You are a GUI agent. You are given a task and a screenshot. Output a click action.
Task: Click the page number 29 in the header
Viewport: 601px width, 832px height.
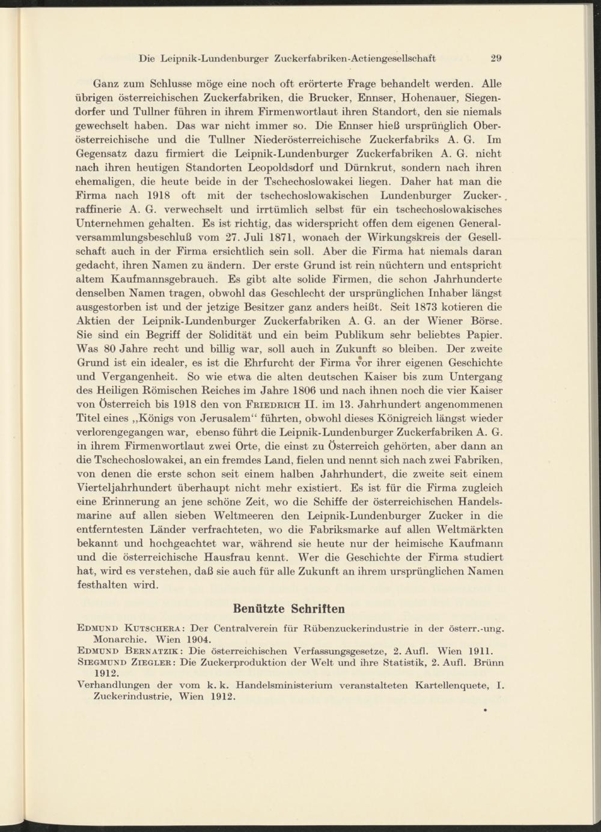(496, 59)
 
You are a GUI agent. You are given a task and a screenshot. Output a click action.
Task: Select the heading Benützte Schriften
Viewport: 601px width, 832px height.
(288, 609)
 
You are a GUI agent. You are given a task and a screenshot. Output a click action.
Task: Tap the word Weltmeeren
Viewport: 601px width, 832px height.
(263, 515)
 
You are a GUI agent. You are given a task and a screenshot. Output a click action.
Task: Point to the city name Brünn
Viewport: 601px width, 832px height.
(489, 662)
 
